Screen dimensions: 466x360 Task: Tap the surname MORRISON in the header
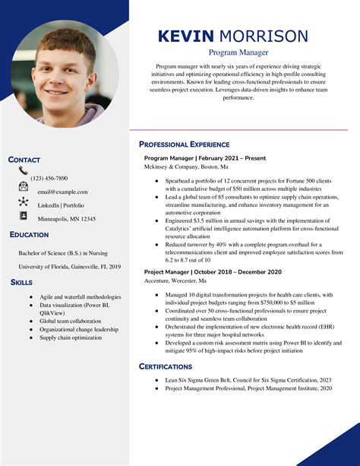point(264,36)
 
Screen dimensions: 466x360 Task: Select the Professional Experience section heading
point(184,144)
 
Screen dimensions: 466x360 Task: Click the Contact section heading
point(24,160)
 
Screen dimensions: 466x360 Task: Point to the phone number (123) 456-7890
point(49,178)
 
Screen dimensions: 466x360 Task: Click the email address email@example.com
point(62,192)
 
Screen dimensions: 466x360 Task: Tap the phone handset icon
point(23,172)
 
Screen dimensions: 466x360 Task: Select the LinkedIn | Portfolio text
point(61,205)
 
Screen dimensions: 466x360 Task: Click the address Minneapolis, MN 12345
point(67,219)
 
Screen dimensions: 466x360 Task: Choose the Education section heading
point(30,235)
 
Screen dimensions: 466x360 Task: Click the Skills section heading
point(21,282)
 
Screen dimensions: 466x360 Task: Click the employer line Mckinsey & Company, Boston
point(186,166)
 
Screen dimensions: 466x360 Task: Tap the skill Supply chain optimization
point(71,338)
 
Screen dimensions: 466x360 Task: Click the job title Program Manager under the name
point(238,53)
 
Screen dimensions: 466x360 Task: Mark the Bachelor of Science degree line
point(64,253)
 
